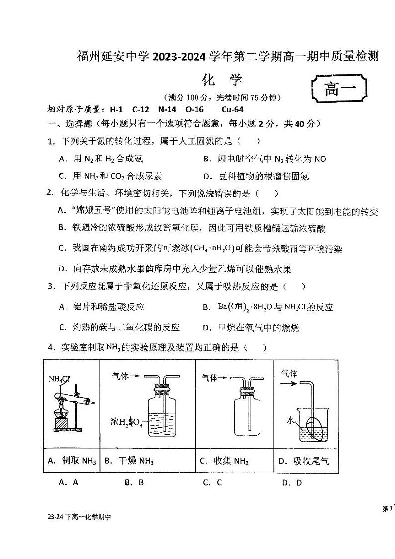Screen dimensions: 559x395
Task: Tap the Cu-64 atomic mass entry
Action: [233, 110]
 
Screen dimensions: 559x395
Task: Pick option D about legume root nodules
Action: [257, 176]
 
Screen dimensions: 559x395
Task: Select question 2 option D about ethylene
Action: [174, 269]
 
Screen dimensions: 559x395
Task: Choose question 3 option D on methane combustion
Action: [251, 327]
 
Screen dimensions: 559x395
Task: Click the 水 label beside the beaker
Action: [290, 420]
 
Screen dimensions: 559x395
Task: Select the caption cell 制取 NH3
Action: [72, 461]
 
